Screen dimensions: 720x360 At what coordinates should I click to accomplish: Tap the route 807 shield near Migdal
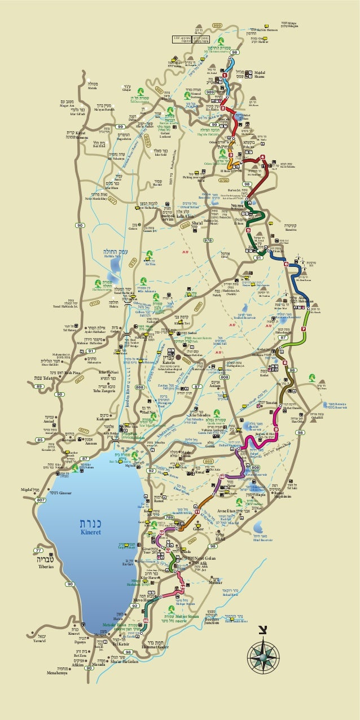pyautogui.click(x=41, y=500)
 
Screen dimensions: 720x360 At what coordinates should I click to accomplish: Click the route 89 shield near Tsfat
pyautogui.click(x=40, y=386)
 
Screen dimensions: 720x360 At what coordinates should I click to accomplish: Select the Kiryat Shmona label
pyautogui.click(x=71, y=135)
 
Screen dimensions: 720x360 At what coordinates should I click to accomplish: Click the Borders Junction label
pyautogui.click(x=212, y=620)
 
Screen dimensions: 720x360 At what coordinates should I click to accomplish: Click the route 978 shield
pyautogui.click(x=208, y=240)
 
